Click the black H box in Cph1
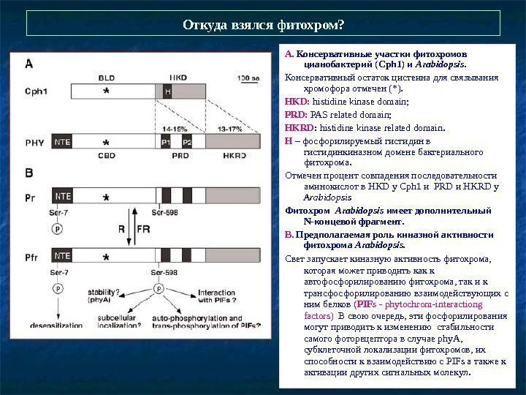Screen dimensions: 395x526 point(167,91)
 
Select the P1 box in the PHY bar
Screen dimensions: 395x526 point(166,141)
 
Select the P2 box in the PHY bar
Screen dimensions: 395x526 point(187,141)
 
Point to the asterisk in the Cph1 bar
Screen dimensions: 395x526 point(107,92)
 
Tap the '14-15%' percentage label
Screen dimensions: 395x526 point(175,127)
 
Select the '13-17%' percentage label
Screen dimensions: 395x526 point(232,127)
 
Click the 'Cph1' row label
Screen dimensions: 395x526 point(37,92)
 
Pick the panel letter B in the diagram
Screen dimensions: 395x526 point(29,173)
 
